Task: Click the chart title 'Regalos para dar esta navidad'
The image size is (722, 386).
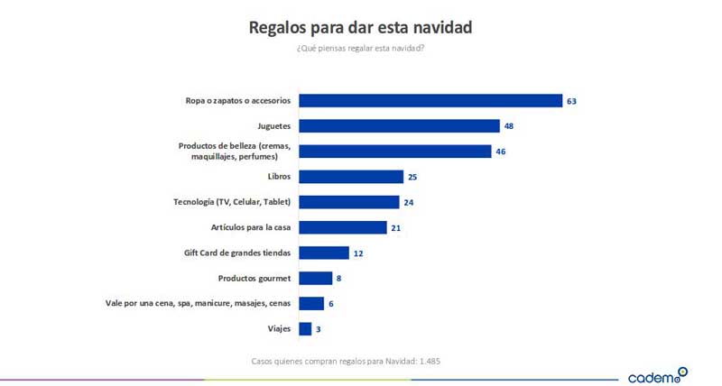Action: pyautogui.click(x=360, y=27)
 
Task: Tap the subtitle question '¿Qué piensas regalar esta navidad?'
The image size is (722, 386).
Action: pyautogui.click(x=360, y=48)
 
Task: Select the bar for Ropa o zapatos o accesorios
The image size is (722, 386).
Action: pyautogui.click(x=430, y=101)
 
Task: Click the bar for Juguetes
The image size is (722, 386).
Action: pyautogui.click(x=399, y=126)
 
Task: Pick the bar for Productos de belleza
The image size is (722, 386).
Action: pyautogui.click(x=394, y=152)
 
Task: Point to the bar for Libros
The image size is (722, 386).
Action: pyautogui.click(x=350, y=177)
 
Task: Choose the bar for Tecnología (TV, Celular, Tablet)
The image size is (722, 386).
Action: pyautogui.click(x=348, y=202)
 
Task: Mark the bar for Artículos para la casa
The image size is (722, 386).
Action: pyautogui.click(x=342, y=227)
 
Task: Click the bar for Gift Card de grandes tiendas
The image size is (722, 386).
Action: pyautogui.click(x=323, y=253)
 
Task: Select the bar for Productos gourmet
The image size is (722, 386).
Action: pyautogui.click(x=315, y=278)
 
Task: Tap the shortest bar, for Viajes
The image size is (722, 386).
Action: pyautogui.click(x=305, y=329)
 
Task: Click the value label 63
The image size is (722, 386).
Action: pyautogui.click(x=571, y=101)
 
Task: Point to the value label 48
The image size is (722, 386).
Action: pyautogui.click(x=509, y=126)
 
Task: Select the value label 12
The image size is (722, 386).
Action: pyautogui.click(x=358, y=253)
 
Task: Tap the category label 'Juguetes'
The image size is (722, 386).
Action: pyautogui.click(x=273, y=126)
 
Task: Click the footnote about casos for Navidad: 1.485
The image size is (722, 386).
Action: pyautogui.click(x=346, y=361)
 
